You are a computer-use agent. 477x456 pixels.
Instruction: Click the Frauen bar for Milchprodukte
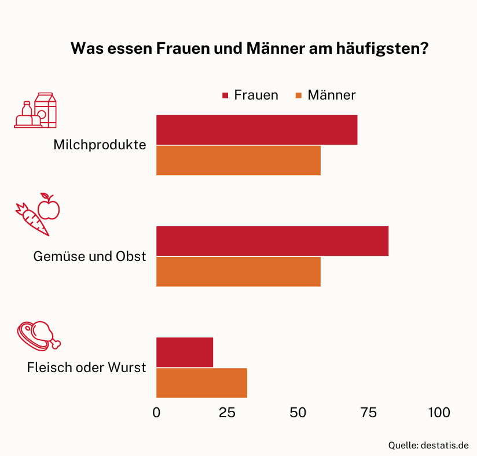(257, 130)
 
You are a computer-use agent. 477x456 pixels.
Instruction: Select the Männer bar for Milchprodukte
(238, 160)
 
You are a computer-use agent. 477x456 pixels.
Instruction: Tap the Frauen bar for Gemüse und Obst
(272, 241)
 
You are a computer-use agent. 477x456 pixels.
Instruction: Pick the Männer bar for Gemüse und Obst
(238, 271)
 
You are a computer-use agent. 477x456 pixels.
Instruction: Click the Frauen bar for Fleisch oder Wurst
(185, 352)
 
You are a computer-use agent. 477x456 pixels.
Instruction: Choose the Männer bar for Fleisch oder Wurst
(201, 383)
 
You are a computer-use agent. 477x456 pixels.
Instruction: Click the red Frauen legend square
(225, 95)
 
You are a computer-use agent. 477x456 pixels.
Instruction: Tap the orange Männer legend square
(299, 95)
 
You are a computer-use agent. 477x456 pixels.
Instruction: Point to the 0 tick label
(156, 413)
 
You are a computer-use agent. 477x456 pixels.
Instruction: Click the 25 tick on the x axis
(227, 413)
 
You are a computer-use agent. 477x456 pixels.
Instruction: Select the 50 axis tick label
(298, 413)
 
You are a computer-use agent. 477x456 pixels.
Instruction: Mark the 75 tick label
(368, 413)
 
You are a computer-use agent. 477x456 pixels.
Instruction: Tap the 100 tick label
(439, 413)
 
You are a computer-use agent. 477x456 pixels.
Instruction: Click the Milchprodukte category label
(100, 145)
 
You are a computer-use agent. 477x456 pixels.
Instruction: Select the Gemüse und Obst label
(90, 256)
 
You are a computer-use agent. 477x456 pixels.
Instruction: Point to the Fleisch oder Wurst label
(87, 367)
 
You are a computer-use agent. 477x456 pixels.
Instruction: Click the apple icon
(49, 207)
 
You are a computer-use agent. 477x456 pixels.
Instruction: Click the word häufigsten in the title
(383, 49)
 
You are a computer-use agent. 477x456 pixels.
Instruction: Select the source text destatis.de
(445, 446)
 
